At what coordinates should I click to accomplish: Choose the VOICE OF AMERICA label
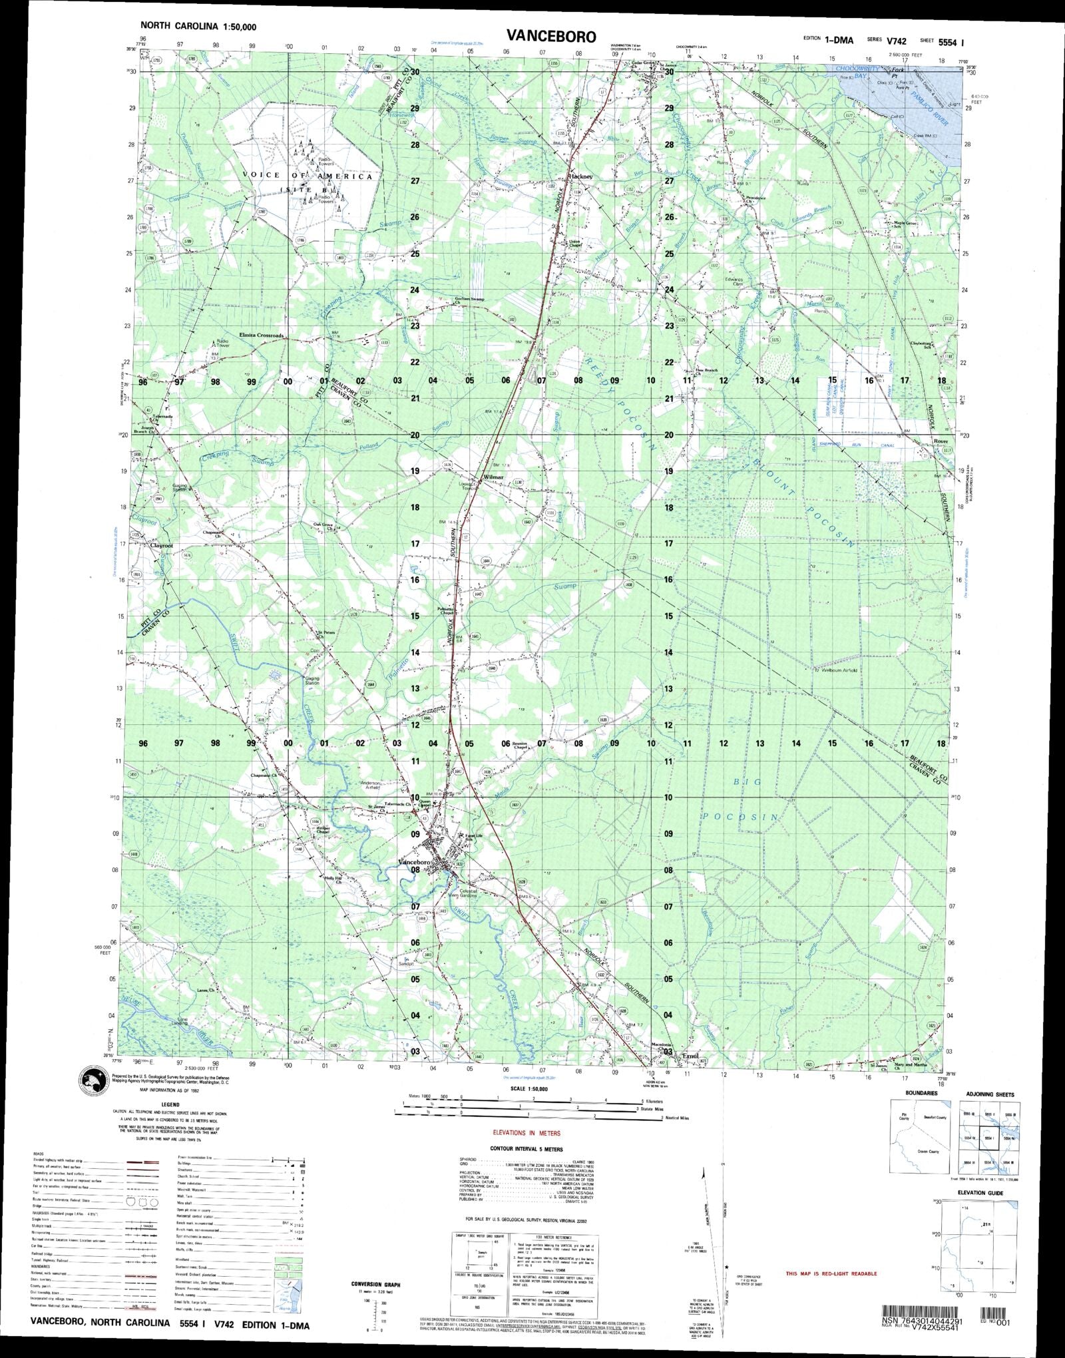(308, 176)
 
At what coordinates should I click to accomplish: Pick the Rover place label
(940, 441)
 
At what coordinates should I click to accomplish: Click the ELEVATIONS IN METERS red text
(527, 1133)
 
